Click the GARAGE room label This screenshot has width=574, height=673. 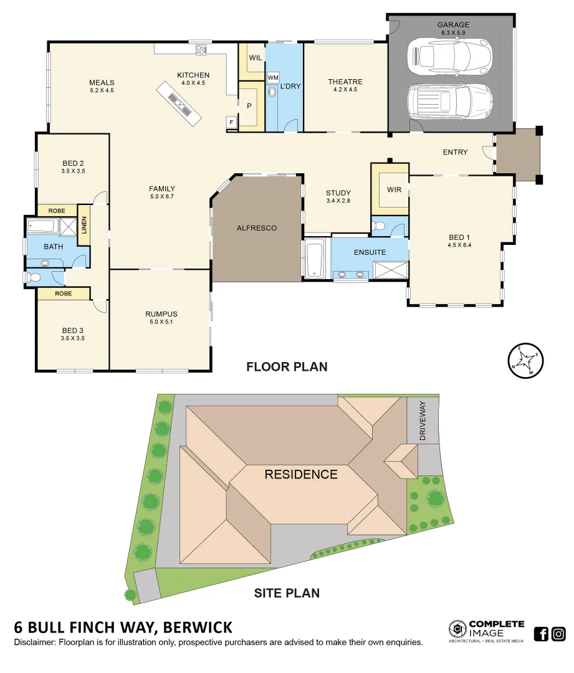tap(453, 26)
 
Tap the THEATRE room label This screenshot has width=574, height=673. tap(345, 82)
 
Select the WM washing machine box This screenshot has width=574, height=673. tap(272, 77)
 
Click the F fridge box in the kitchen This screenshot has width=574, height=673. tap(231, 122)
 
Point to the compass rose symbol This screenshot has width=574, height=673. tap(523, 360)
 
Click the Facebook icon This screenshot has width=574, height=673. tap(541, 634)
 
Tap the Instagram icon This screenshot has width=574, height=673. tap(558, 634)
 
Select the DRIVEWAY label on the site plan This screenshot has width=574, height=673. tap(423, 421)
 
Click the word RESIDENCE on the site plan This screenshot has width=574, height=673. tap(301, 474)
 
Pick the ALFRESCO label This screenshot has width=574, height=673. tap(256, 228)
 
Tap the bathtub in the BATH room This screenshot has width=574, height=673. tap(42, 227)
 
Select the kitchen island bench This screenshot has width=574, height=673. tap(179, 102)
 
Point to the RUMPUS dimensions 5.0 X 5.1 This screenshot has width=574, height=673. tap(161, 322)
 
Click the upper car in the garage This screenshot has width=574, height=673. tap(448, 55)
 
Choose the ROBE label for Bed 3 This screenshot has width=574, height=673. tap(63, 294)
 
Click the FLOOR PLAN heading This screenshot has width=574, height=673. tap(287, 366)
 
